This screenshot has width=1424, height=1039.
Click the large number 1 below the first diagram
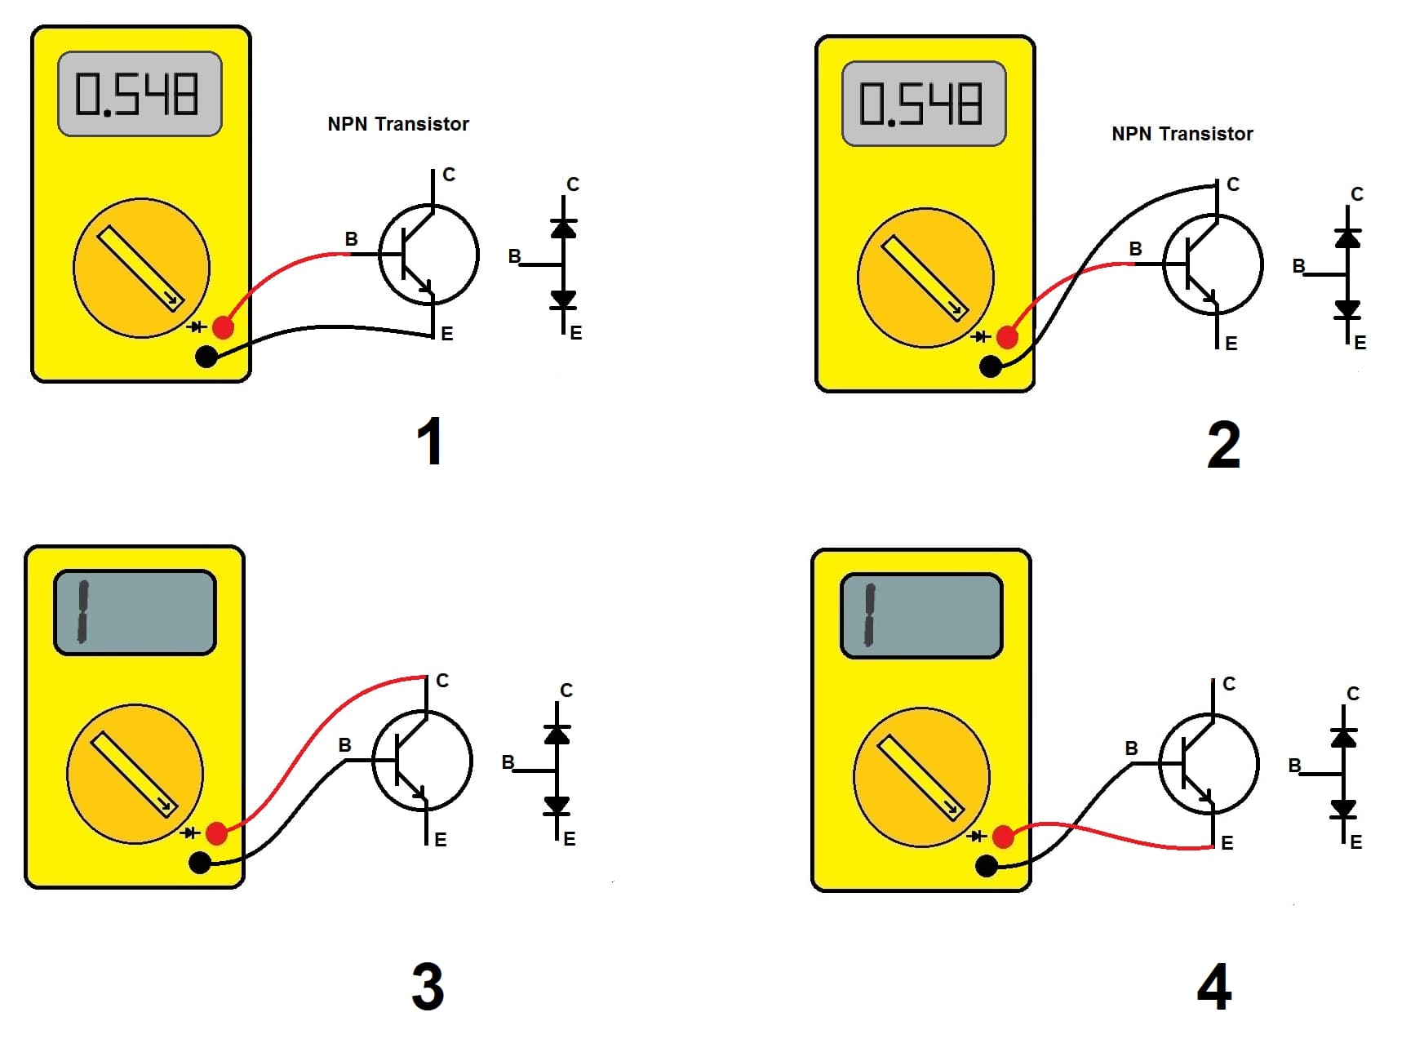[429, 442]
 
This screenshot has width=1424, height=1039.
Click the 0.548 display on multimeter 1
[139, 94]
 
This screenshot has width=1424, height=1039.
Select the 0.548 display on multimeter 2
[923, 104]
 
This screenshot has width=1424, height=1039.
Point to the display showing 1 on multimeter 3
[135, 612]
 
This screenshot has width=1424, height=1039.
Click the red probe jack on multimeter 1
[223, 327]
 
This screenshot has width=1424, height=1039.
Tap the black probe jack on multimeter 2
[991, 366]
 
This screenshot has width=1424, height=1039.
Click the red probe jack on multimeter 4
[1003, 837]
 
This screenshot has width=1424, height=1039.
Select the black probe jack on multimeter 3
[199, 863]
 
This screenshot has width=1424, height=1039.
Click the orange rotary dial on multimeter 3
[135, 773]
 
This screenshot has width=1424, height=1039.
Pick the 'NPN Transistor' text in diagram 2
[1182, 134]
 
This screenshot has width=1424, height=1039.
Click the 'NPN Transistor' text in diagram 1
[398, 124]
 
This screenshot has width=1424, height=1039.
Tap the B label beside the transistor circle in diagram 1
[351, 239]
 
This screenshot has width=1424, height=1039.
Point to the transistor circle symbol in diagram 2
[1213, 265]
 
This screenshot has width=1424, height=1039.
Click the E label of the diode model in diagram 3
[570, 839]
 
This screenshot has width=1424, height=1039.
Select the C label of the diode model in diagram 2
[1357, 194]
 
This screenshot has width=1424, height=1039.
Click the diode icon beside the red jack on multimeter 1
[196, 327]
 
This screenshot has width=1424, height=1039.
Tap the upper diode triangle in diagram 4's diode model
[1343, 738]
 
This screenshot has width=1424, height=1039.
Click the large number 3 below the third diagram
[428, 987]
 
